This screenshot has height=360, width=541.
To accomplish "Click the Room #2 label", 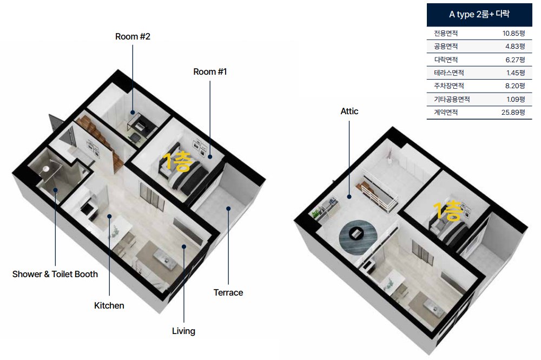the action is click(133, 36).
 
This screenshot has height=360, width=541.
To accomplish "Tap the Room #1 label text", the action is click(210, 71).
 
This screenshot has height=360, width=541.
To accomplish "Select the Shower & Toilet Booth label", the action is click(55, 274).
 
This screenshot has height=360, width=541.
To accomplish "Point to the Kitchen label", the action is click(109, 305).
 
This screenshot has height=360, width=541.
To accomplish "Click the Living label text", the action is click(183, 331).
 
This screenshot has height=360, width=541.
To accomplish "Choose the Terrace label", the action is click(228, 292).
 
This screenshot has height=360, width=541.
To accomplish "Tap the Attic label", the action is click(349, 111).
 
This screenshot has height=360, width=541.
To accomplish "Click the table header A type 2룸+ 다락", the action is click(479, 14).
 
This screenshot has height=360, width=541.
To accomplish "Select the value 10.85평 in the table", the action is click(513, 33).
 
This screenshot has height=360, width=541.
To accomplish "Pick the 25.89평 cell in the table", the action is click(513, 112).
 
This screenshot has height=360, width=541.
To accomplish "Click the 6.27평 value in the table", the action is click(515, 60).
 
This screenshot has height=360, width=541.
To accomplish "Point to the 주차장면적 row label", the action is click(448, 86).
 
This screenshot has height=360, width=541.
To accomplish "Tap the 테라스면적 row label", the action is click(448, 73).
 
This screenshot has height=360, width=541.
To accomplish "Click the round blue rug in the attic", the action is click(358, 237).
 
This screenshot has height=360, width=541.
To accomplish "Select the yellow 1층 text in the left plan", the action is click(177, 161).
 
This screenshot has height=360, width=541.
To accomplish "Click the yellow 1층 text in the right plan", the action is click(448, 211).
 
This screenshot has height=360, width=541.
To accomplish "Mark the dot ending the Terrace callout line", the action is click(228, 208).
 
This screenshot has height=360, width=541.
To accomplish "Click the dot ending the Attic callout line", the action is click(349, 197).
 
